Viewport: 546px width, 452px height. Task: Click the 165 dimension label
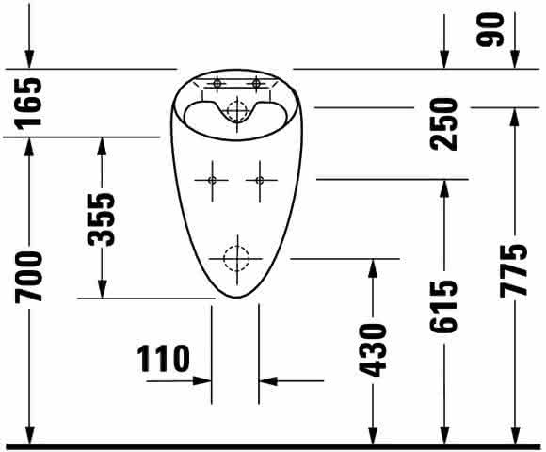[29, 103]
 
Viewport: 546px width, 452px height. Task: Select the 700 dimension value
[29, 277]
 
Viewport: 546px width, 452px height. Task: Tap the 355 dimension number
[102, 219]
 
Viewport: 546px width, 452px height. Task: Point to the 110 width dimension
[163, 359]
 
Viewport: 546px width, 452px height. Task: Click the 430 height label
[373, 350]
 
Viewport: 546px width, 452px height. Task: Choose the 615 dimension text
[443, 306]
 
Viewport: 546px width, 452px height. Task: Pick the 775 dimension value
[514, 270]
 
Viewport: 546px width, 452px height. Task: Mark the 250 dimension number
[443, 124]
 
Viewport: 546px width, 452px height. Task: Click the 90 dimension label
[490, 29]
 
